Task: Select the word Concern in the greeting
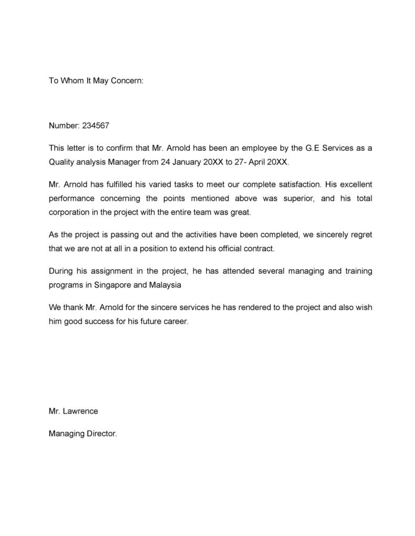point(126,81)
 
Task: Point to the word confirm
point(120,148)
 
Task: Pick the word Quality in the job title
point(61,162)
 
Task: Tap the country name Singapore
point(113,285)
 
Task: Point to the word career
point(174,321)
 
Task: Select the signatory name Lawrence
point(80,411)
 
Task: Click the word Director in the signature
point(100,434)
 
